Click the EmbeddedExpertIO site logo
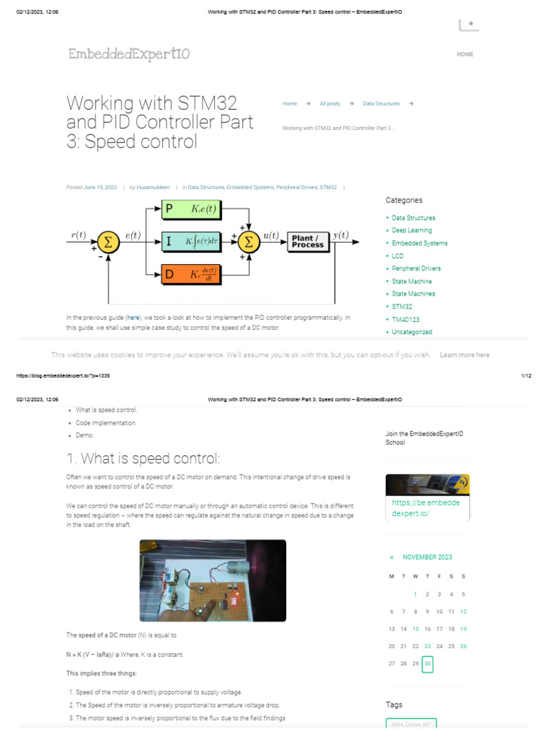pyautogui.click(x=129, y=54)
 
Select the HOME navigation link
pyautogui.click(x=465, y=54)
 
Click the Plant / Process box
pyautogui.click(x=308, y=241)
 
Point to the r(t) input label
pyautogui.click(x=78, y=235)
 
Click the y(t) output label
pyautogui.click(x=341, y=235)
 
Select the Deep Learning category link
pyautogui.click(x=412, y=231)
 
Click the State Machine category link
pyautogui.click(x=412, y=281)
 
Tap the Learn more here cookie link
pyautogui.click(x=465, y=355)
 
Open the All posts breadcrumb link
pyautogui.click(x=330, y=104)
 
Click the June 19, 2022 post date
pyautogui.click(x=100, y=187)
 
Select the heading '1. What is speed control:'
pyautogui.click(x=143, y=458)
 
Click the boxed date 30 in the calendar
pyautogui.click(x=427, y=663)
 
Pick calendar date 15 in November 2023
pyautogui.click(x=415, y=629)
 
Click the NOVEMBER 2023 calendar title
pyautogui.click(x=427, y=557)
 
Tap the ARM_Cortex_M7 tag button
pyautogui.click(x=411, y=724)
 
